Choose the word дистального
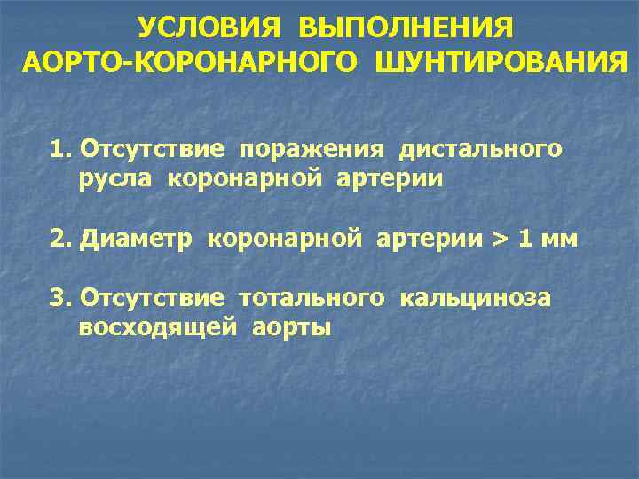480,148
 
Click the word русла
110,179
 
